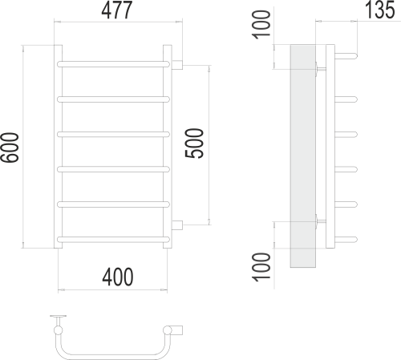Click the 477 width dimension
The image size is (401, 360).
(x=117, y=10)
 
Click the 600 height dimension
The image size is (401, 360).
(x=12, y=147)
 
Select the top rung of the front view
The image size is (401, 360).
(x=114, y=62)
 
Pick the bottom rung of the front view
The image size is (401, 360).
(x=114, y=238)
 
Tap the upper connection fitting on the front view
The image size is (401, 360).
(x=179, y=62)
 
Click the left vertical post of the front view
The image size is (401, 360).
(x=58, y=148)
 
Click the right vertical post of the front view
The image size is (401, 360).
(x=168, y=148)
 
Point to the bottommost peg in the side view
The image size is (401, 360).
(x=342, y=238)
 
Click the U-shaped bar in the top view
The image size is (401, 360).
(x=112, y=350)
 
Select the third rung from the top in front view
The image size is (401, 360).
(x=114, y=132)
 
